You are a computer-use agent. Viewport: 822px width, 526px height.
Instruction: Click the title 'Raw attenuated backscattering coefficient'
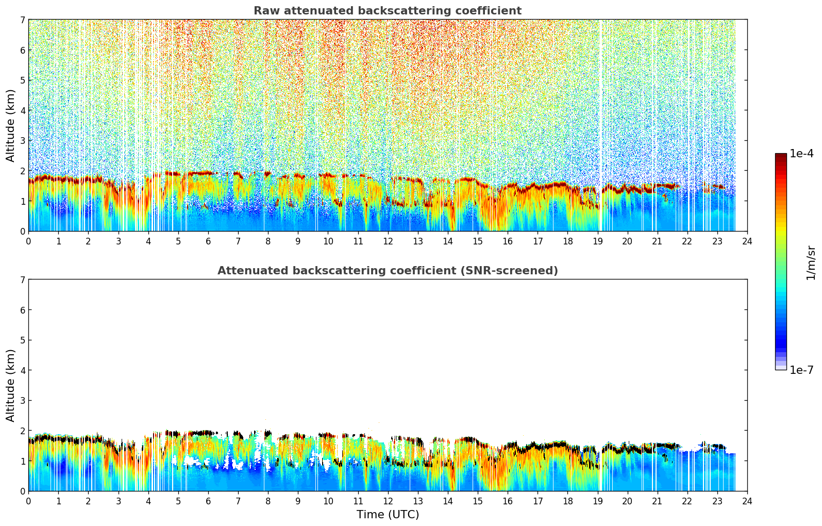click(387, 11)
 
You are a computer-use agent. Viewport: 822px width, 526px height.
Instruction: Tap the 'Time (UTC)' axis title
click(388, 514)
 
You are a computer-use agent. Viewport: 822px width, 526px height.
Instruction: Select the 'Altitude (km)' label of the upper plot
click(11, 125)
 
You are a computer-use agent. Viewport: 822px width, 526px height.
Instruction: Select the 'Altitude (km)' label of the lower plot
click(11, 385)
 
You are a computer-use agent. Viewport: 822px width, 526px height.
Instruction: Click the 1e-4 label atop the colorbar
click(801, 154)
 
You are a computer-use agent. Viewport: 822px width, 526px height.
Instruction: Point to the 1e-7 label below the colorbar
click(801, 370)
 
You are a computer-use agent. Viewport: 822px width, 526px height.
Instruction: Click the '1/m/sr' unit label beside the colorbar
click(810, 262)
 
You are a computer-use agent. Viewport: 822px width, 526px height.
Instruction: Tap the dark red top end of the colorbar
click(780, 156)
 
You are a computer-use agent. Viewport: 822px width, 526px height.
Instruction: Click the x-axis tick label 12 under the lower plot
click(388, 501)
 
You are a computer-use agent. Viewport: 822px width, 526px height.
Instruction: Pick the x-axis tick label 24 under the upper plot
click(747, 241)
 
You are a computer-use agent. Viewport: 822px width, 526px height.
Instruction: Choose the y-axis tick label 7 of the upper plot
click(22, 20)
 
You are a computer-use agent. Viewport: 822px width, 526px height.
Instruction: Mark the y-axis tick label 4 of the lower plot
click(22, 370)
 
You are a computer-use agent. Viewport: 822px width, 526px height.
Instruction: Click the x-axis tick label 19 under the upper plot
click(597, 241)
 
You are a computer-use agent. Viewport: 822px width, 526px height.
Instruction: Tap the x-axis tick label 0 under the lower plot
click(28, 501)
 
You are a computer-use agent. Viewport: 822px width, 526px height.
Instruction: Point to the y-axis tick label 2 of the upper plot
click(22, 171)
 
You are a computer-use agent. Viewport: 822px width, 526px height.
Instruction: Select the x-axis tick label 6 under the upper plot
click(208, 241)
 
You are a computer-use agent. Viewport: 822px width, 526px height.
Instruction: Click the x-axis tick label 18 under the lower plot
click(567, 501)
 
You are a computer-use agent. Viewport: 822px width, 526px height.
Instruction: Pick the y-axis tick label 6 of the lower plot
click(22, 310)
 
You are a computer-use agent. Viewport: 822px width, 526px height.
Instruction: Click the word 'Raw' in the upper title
click(264, 11)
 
